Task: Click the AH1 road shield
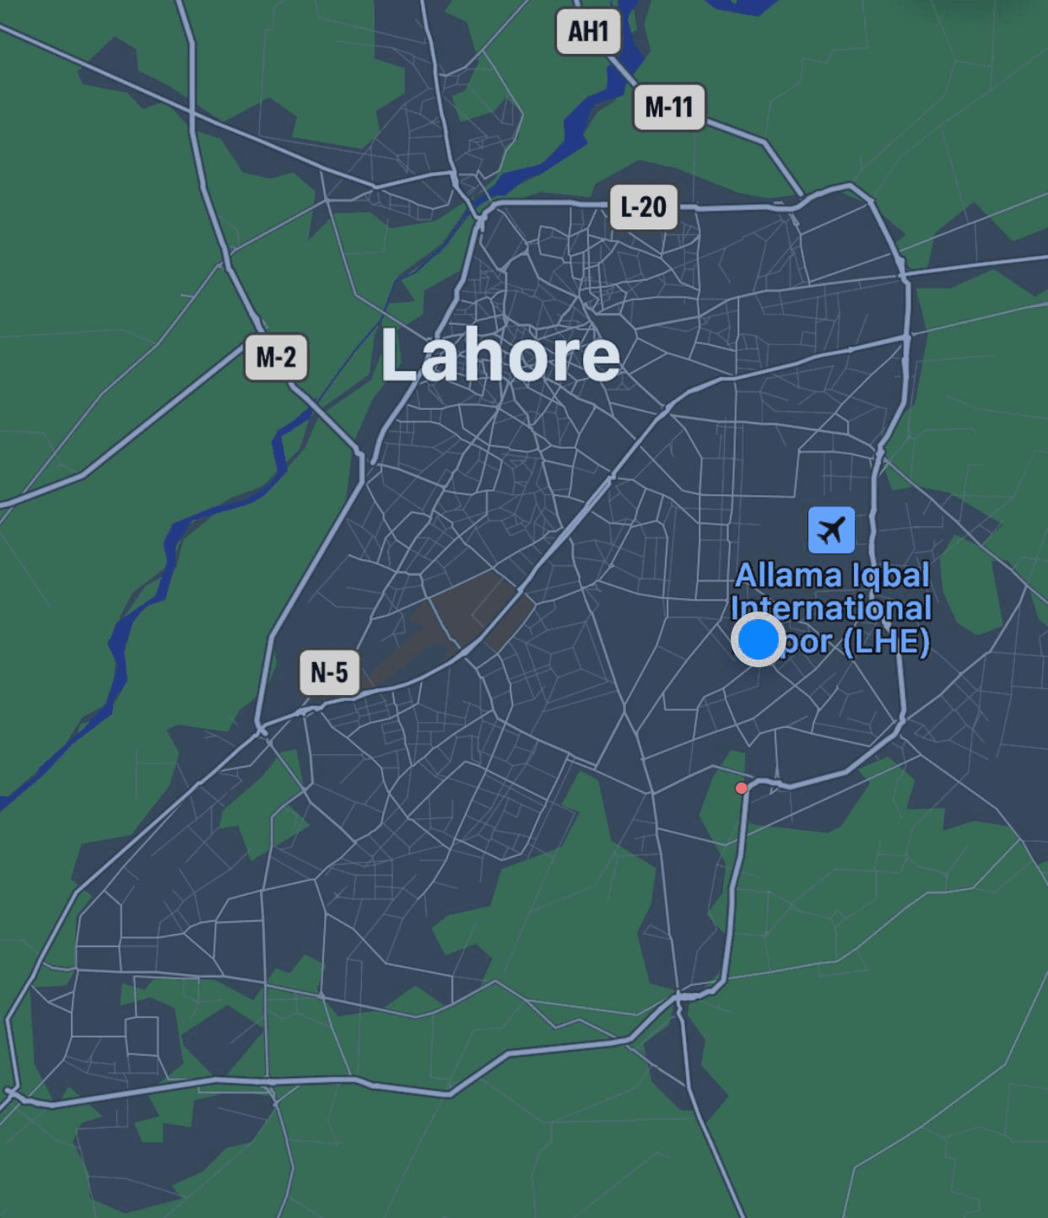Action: [588, 31]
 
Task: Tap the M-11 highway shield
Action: [668, 107]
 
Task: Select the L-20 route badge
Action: [643, 207]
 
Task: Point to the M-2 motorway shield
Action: [276, 357]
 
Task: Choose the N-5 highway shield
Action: [329, 672]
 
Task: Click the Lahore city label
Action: [500, 355]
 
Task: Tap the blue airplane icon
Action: [831, 530]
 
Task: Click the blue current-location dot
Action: [757, 639]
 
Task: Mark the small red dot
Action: [741, 788]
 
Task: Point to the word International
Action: [831, 608]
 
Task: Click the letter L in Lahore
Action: [398, 355]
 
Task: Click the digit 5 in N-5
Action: [341, 672]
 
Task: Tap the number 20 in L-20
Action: [654, 207]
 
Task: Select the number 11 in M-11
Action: [682, 107]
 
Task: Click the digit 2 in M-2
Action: [289, 357]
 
